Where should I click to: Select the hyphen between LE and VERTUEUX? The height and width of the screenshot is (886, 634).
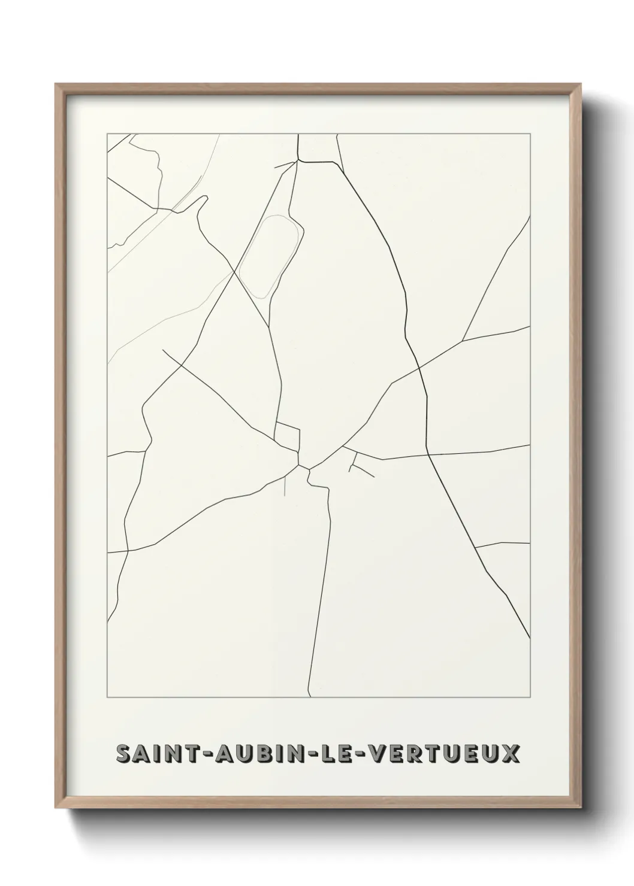coord(356,755)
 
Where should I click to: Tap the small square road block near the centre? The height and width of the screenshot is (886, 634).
coord(287,436)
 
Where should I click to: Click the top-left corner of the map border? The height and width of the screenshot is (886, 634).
coord(107,134)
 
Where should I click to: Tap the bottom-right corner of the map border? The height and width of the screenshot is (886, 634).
coord(530,697)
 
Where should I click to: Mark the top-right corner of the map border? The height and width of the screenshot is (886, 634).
coord(530,134)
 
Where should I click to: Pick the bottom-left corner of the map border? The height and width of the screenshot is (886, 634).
coord(107,697)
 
